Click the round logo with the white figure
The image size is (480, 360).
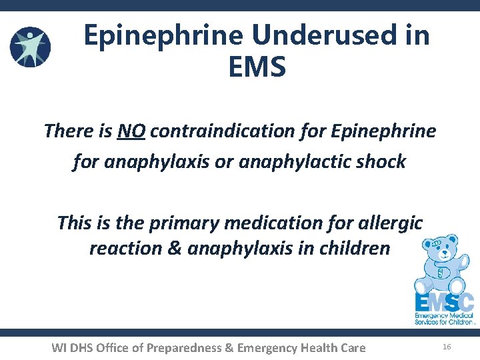tap(30, 47)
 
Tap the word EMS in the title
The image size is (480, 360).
tap(257, 67)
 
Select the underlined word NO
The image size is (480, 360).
tap(131, 131)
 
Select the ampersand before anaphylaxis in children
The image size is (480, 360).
tap(174, 249)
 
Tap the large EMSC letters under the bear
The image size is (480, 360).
tap(444, 301)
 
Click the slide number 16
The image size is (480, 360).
tap(447, 347)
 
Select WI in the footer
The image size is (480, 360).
tap(59, 347)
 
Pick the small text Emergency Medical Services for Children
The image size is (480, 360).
tap(444, 318)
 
